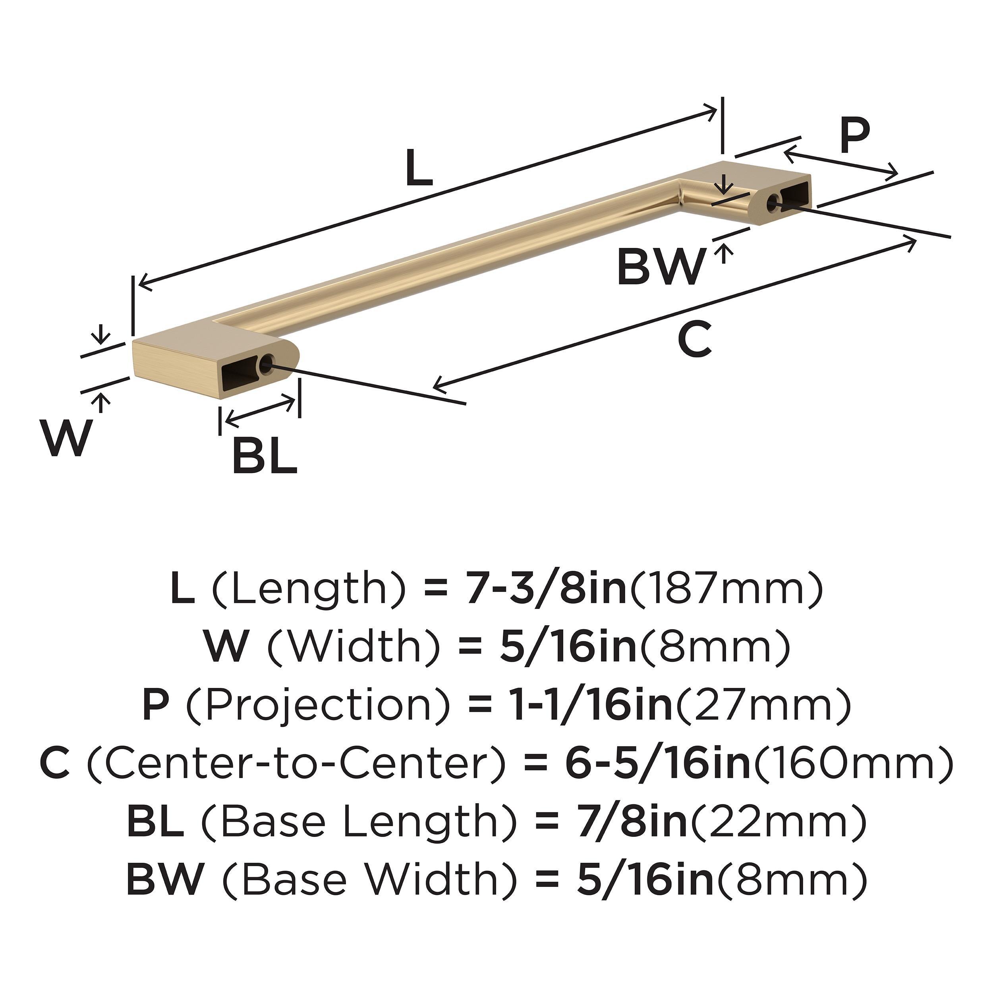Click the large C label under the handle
695,339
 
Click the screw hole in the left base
266,364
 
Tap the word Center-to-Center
297,764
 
